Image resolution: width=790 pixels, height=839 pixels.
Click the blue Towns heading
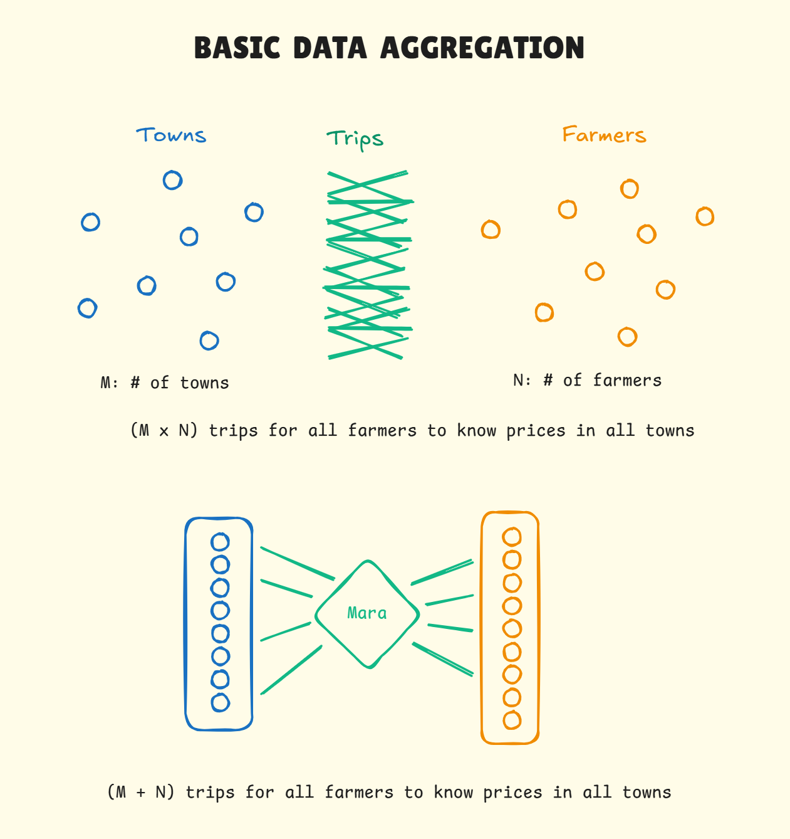click(171, 135)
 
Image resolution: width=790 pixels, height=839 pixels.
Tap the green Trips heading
click(355, 139)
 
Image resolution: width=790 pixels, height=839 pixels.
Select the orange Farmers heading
click(604, 135)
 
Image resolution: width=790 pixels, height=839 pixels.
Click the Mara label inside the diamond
click(367, 613)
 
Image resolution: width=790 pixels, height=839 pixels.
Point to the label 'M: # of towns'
click(165, 383)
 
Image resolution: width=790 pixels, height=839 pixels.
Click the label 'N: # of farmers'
click(587, 380)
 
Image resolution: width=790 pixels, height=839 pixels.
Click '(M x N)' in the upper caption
click(164, 430)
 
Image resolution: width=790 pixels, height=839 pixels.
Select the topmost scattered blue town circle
click(172, 181)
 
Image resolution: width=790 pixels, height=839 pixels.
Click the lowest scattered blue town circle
click(209, 340)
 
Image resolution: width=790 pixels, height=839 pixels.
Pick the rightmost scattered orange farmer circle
click(705, 216)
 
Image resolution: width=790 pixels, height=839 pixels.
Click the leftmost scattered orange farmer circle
click(491, 230)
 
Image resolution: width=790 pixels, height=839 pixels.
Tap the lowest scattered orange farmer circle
click(627, 337)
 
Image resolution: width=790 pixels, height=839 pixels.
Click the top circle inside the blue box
click(220, 542)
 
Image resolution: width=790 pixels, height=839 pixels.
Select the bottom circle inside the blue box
click(220, 702)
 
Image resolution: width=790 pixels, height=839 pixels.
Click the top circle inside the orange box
click(512, 537)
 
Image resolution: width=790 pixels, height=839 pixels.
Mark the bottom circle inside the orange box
click(512, 720)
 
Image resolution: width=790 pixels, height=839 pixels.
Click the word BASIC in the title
click(238, 48)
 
